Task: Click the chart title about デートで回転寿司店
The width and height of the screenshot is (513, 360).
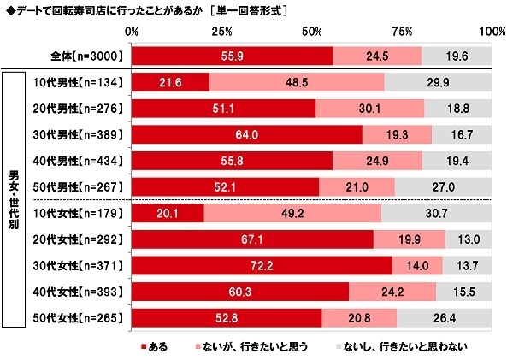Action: [x=145, y=11]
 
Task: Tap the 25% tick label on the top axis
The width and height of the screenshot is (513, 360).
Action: [x=221, y=31]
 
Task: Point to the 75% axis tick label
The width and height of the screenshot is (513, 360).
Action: [x=402, y=31]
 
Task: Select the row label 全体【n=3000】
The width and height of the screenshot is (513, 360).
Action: [x=90, y=56]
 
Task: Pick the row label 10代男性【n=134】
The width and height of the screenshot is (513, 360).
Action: [x=85, y=82]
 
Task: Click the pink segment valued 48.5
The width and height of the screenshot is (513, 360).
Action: [x=297, y=82]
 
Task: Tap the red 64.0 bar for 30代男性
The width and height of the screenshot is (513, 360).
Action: [x=247, y=135]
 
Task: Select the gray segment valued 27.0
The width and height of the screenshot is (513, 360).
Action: [x=443, y=187]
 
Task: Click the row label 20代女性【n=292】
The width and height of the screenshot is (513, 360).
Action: [x=85, y=240]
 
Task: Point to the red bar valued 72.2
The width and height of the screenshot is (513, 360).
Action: [x=262, y=267]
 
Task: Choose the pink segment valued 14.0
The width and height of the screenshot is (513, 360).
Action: [x=416, y=267]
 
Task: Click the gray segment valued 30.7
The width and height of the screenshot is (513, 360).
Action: [x=436, y=214]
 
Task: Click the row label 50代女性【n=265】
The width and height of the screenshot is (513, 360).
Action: [x=85, y=320]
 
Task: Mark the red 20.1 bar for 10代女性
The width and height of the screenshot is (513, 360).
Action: [x=168, y=214]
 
